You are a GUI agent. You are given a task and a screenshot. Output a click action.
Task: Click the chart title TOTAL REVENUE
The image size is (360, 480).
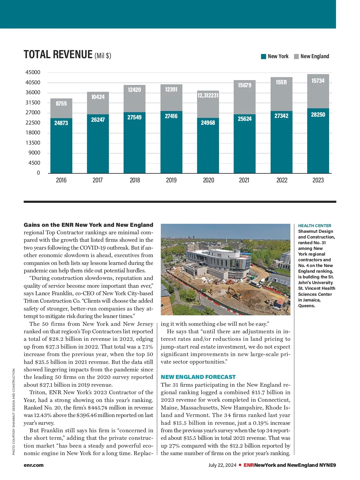tap(58, 55)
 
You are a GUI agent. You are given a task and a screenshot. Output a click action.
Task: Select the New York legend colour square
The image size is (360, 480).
tap(264, 56)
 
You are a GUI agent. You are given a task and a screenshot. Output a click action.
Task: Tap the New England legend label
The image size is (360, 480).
tap(315, 56)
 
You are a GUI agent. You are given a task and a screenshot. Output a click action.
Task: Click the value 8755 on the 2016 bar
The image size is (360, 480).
tap(61, 103)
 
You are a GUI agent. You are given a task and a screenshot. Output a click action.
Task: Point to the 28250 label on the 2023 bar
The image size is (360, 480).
tap(318, 115)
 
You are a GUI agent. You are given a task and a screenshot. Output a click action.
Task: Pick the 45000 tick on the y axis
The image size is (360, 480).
tap(33, 72)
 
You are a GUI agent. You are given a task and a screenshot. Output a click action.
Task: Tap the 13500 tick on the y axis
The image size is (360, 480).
tap(33, 143)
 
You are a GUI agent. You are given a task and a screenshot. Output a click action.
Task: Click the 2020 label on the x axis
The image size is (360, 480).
tap(208, 180)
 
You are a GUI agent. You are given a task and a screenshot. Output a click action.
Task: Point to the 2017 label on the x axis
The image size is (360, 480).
tap(97, 180)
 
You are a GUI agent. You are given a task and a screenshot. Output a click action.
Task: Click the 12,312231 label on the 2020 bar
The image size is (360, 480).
tap(208, 95)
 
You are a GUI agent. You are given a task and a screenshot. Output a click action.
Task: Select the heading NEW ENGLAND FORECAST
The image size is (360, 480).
tap(198, 377)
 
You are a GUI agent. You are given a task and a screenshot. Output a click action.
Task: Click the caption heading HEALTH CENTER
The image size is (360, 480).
tap(315, 226)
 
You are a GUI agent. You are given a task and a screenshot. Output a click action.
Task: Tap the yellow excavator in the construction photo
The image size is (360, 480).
tap(234, 292)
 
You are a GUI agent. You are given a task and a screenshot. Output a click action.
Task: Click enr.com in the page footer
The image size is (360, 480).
tap(34, 465)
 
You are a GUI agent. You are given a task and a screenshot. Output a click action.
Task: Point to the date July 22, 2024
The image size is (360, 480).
tap(222, 465)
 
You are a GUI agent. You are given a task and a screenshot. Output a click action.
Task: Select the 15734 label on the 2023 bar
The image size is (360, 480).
tap(318, 81)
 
